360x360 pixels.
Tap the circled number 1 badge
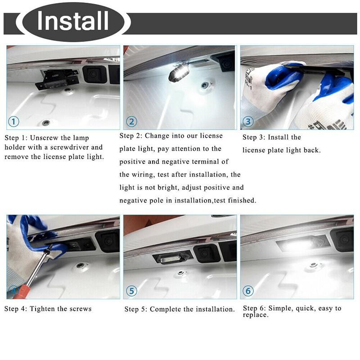click(x=14, y=121)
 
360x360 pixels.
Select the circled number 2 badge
click(x=131, y=121)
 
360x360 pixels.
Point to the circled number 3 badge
click(x=248, y=121)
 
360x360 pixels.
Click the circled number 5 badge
click(x=131, y=291)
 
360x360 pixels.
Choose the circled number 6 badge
click(x=248, y=291)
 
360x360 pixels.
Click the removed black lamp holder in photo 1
click(x=56, y=79)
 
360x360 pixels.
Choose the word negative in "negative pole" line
click(x=134, y=200)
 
